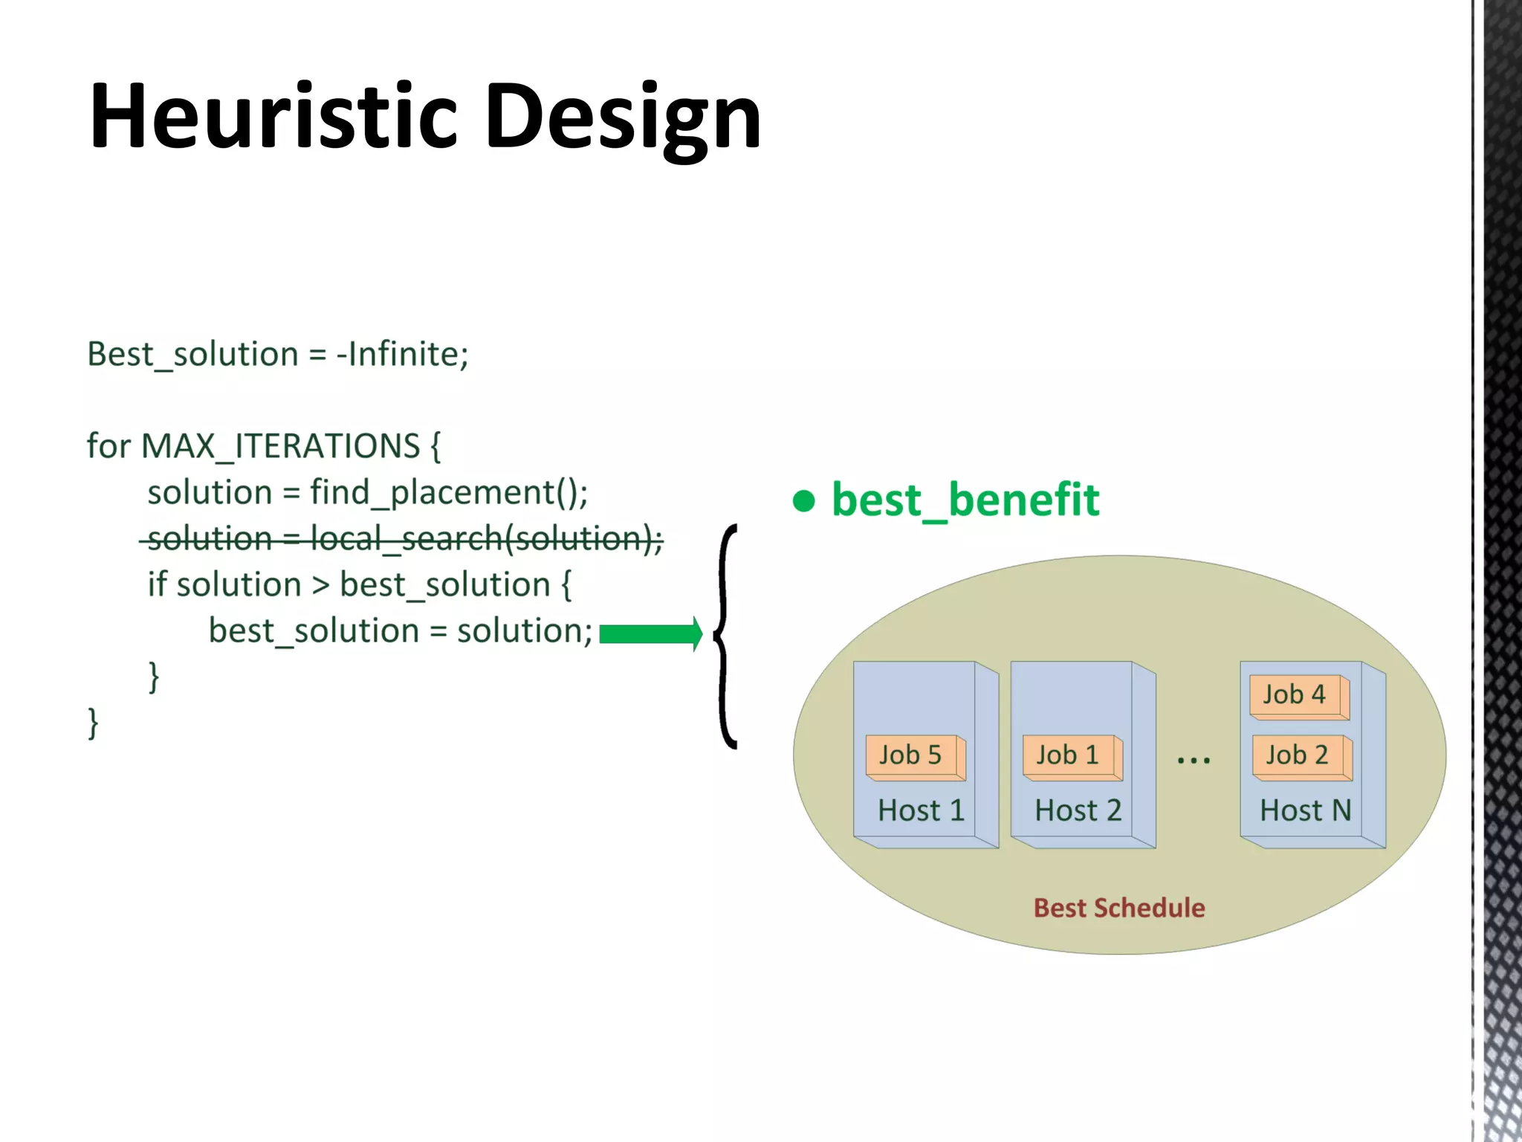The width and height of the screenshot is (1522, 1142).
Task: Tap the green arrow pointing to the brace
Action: (650, 633)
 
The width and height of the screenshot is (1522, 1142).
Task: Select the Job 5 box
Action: (914, 757)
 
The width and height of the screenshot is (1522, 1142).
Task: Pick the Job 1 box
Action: (1071, 757)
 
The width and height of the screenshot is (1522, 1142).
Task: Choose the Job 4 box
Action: (1298, 696)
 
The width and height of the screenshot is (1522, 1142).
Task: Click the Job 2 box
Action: (1301, 757)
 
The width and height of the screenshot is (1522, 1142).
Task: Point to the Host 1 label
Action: (921, 810)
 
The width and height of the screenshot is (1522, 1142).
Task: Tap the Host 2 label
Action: (1078, 810)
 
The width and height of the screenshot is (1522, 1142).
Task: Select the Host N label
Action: (1305, 810)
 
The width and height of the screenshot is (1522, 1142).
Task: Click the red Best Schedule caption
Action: (1119, 908)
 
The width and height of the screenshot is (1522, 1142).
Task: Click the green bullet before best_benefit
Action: (803, 500)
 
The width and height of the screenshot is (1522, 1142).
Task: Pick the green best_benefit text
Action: (965, 500)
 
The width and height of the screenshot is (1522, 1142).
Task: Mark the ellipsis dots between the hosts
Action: (1194, 760)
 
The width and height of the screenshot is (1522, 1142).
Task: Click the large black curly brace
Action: (725, 636)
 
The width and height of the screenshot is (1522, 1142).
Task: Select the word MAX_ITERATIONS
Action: (281, 446)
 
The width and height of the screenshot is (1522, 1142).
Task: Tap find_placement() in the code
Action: (449, 492)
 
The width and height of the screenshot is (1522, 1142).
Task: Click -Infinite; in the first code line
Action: (403, 354)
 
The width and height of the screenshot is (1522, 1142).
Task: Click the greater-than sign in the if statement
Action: (320, 585)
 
